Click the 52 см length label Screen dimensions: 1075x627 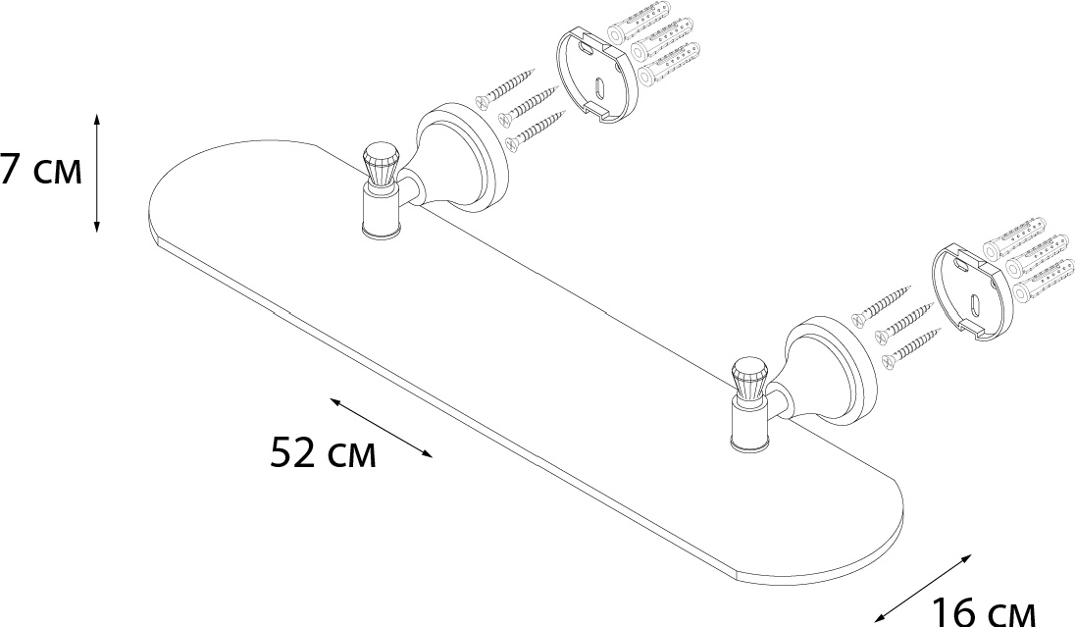pos(323,452)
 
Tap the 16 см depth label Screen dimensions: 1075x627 pos(983,611)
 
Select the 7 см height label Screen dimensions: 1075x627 pos(41,171)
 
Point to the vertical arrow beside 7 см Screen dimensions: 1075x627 pos(97,173)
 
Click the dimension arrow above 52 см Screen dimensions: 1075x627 pos(382,428)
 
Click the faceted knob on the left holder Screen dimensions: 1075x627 pos(380,165)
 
